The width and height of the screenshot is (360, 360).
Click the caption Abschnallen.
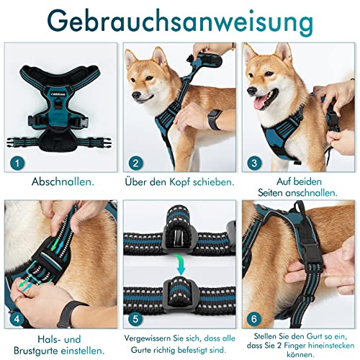coord(60,183)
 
